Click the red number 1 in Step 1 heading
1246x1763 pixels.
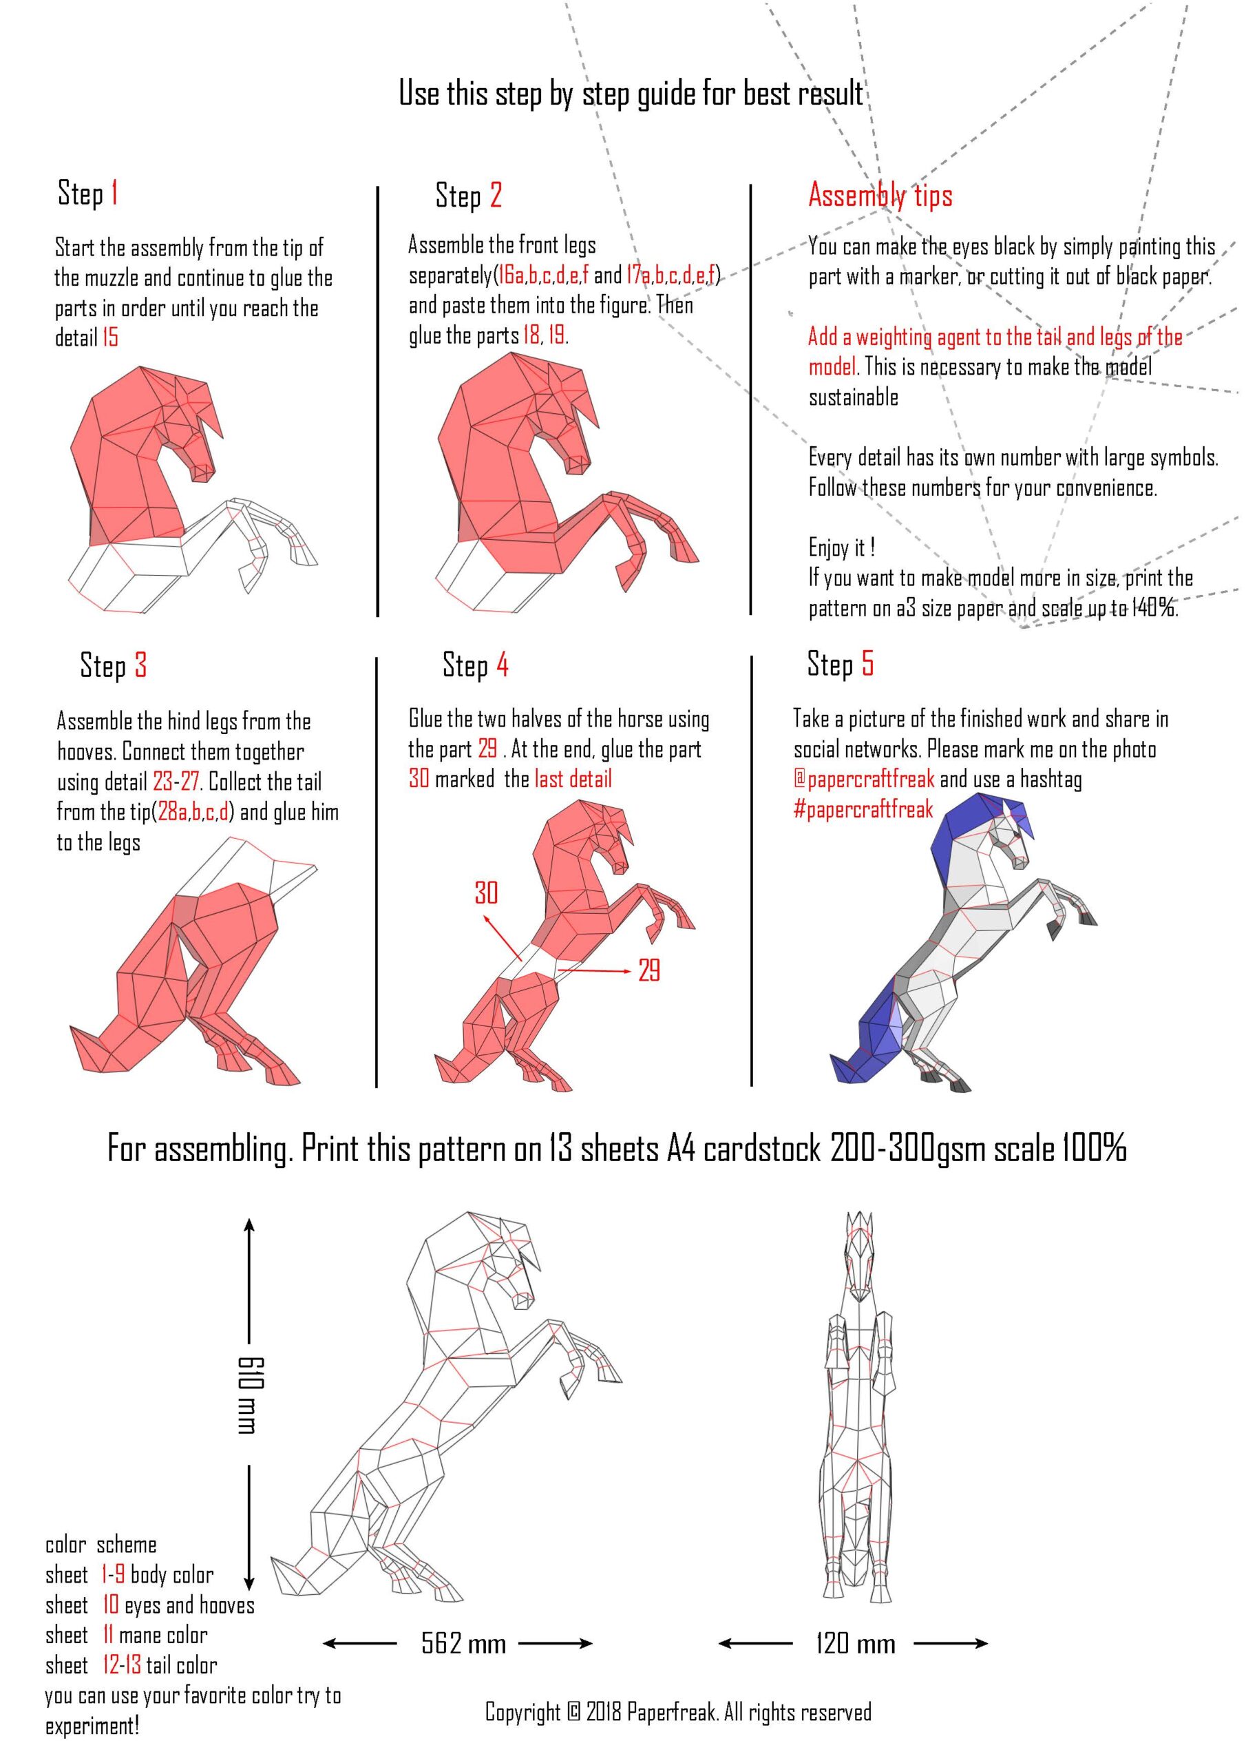tap(114, 192)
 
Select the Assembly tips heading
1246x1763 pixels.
tap(880, 196)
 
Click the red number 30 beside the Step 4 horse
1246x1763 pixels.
tap(485, 893)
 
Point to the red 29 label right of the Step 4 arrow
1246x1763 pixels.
tap(648, 970)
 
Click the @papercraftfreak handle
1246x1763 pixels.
tap(864, 779)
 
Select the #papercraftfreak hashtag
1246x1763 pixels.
tap(863, 809)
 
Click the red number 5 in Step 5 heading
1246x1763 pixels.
tap(867, 663)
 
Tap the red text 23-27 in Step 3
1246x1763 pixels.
tap(177, 782)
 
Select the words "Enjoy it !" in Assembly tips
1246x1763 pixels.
tap(841, 547)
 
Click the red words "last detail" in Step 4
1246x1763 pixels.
tap(573, 779)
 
